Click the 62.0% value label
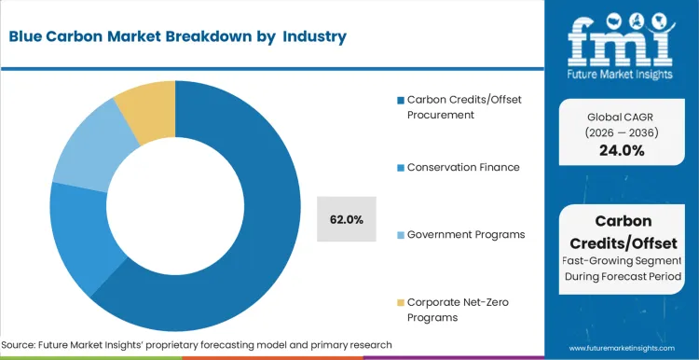(347, 219)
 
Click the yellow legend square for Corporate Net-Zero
(401, 302)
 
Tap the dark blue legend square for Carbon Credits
(401, 101)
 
